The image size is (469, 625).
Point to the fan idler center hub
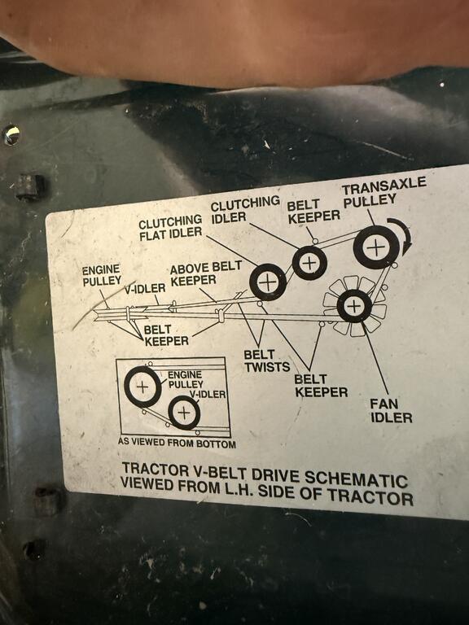click(354, 306)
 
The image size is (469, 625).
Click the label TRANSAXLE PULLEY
click(384, 192)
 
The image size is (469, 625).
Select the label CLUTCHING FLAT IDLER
click(170, 227)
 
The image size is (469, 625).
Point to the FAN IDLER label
click(391, 410)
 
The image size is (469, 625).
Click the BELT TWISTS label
click(266, 361)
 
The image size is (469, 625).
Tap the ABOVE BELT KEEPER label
click(205, 273)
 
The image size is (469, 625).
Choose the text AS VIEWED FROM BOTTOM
click(177, 443)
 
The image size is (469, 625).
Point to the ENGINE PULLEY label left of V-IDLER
click(102, 275)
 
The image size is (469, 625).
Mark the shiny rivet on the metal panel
click(11, 136)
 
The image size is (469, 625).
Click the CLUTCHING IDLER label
click(244, 210)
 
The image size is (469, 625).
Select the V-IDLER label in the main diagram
click(145, 288)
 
